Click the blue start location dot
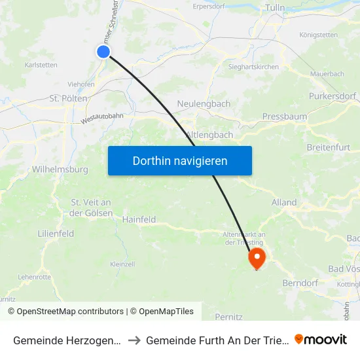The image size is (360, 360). pos(103,52)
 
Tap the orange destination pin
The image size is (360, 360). pos(256,257)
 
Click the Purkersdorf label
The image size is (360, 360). pos(332,97)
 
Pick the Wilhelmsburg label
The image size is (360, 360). pos(60,170)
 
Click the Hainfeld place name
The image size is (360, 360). pos(139,220)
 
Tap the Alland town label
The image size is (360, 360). pos(284,202)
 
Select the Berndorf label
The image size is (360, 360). pos(300,283)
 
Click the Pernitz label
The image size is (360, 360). pos(228,317)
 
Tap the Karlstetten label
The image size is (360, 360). pos(41,65)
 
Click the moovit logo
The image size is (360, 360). pos(321,339)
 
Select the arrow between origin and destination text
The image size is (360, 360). pos(134,340)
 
